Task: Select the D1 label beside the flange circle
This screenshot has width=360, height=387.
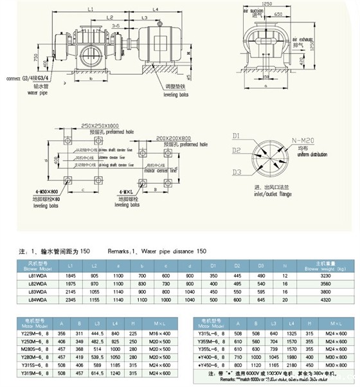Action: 236,136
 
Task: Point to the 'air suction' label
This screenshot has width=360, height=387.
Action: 255,11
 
